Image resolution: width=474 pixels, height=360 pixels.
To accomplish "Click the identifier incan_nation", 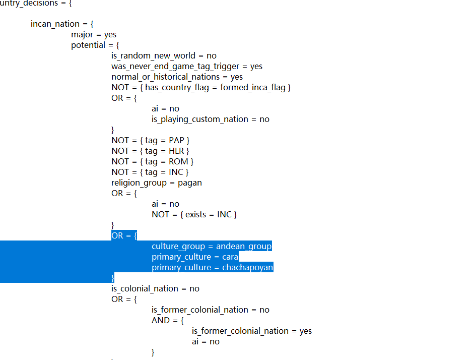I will [55, 24].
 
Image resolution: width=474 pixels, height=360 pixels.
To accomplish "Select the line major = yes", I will [94, 35].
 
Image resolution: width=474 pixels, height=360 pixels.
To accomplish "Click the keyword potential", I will [88, 45].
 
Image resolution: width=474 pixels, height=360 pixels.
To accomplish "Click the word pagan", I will [189, 183].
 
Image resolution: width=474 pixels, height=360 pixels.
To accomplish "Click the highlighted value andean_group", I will [244, 247].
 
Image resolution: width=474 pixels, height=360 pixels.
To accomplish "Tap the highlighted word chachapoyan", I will [247, 268].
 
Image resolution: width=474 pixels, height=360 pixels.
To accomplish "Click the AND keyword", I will [161, 321].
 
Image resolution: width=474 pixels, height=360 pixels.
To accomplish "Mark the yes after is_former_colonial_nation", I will [305, 331].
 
